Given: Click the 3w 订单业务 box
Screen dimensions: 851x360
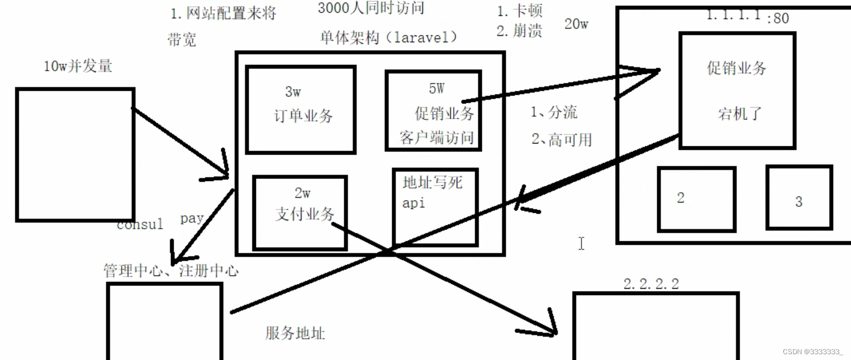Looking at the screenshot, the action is [x=300, y=109].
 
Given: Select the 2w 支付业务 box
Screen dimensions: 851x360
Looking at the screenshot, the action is [x=300, y=212].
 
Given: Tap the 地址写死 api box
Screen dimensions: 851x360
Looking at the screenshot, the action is [x=435, y=207].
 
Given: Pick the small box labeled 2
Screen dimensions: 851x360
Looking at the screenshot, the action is [x=696, y=199].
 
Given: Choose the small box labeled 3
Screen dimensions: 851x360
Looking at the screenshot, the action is [x=799, y=197].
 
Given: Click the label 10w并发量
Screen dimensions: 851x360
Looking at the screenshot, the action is [x=78, y=66].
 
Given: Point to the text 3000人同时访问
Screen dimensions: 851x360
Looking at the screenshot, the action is [x=371, y=8].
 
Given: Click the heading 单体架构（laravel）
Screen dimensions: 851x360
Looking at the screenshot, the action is [x=388, y=37].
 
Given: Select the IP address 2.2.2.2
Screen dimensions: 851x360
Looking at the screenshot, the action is [x=651, y=284].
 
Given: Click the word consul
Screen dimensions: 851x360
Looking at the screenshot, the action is [x=140, y=225].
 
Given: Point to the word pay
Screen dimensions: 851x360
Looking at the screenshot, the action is [x=192, y=218].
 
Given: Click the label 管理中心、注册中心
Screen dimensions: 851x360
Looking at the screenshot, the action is [x=171, y=271].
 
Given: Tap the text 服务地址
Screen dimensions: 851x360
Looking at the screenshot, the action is [x=295, y=333].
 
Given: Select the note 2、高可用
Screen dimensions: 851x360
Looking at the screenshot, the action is [x=561, y=140].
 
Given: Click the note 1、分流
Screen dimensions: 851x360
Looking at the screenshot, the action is [x=554, y=112].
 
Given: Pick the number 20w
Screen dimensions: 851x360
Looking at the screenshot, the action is [x=576, y=24].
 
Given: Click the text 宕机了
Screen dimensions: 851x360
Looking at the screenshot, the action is [x=739, y=113].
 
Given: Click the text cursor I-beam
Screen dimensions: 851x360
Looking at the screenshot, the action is [x=581, y=243].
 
